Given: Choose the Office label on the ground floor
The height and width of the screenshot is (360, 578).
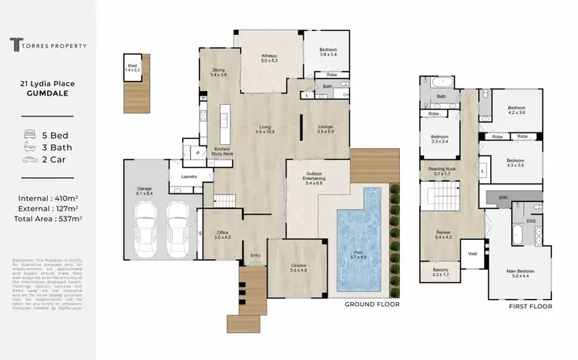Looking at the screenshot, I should [x=223, y=234].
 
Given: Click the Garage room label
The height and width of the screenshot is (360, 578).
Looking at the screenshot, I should [x=144, y=190].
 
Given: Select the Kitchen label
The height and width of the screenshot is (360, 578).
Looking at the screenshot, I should [x=223, y=148].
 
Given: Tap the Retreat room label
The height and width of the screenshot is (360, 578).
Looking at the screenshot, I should [x=443, y=234].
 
